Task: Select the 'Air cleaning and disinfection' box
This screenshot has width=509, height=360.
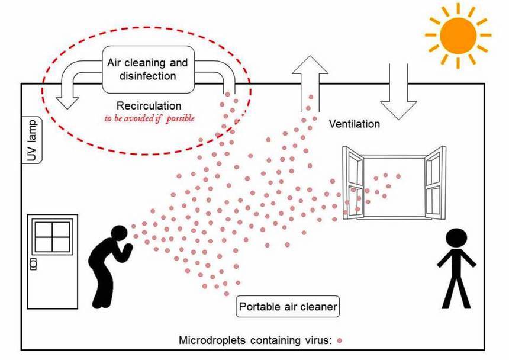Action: (147, 69)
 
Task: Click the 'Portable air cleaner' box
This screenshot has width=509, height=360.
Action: (288, 307)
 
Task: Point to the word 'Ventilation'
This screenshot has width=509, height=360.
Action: (354, 124)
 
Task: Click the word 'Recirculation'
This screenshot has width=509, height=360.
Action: (149, 106)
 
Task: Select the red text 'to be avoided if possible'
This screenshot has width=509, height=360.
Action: (149, 118)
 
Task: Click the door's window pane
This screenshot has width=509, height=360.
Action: (53, 236)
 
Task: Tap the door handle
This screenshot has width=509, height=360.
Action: (33, 262)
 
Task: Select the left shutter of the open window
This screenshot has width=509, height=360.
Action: (354, 183)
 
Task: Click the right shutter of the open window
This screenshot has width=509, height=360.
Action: (433, 183)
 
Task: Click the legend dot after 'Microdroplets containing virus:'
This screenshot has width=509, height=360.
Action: (340, 340)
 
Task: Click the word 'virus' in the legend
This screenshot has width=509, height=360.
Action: (320, 340)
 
